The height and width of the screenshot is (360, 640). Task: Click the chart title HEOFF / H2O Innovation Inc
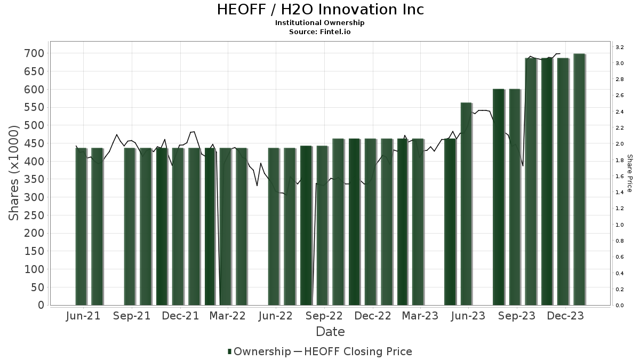320,10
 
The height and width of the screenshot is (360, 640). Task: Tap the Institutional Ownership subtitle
320,23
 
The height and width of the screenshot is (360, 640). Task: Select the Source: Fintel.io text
320,31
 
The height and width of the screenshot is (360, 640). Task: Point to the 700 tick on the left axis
33,53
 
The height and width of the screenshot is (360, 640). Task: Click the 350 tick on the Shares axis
33,179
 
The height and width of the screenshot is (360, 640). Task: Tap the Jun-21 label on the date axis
83,316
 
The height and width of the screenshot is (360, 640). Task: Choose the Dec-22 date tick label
373,316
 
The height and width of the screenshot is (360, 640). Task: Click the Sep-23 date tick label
517,316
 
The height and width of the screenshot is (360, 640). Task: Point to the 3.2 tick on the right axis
620,47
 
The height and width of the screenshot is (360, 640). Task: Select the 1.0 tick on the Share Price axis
620,225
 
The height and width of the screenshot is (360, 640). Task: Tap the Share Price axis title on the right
629,173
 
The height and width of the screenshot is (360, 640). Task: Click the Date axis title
330,332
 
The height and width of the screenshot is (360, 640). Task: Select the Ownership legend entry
259,351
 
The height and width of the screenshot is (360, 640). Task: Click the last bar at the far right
579,179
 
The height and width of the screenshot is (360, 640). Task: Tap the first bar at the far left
81,226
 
